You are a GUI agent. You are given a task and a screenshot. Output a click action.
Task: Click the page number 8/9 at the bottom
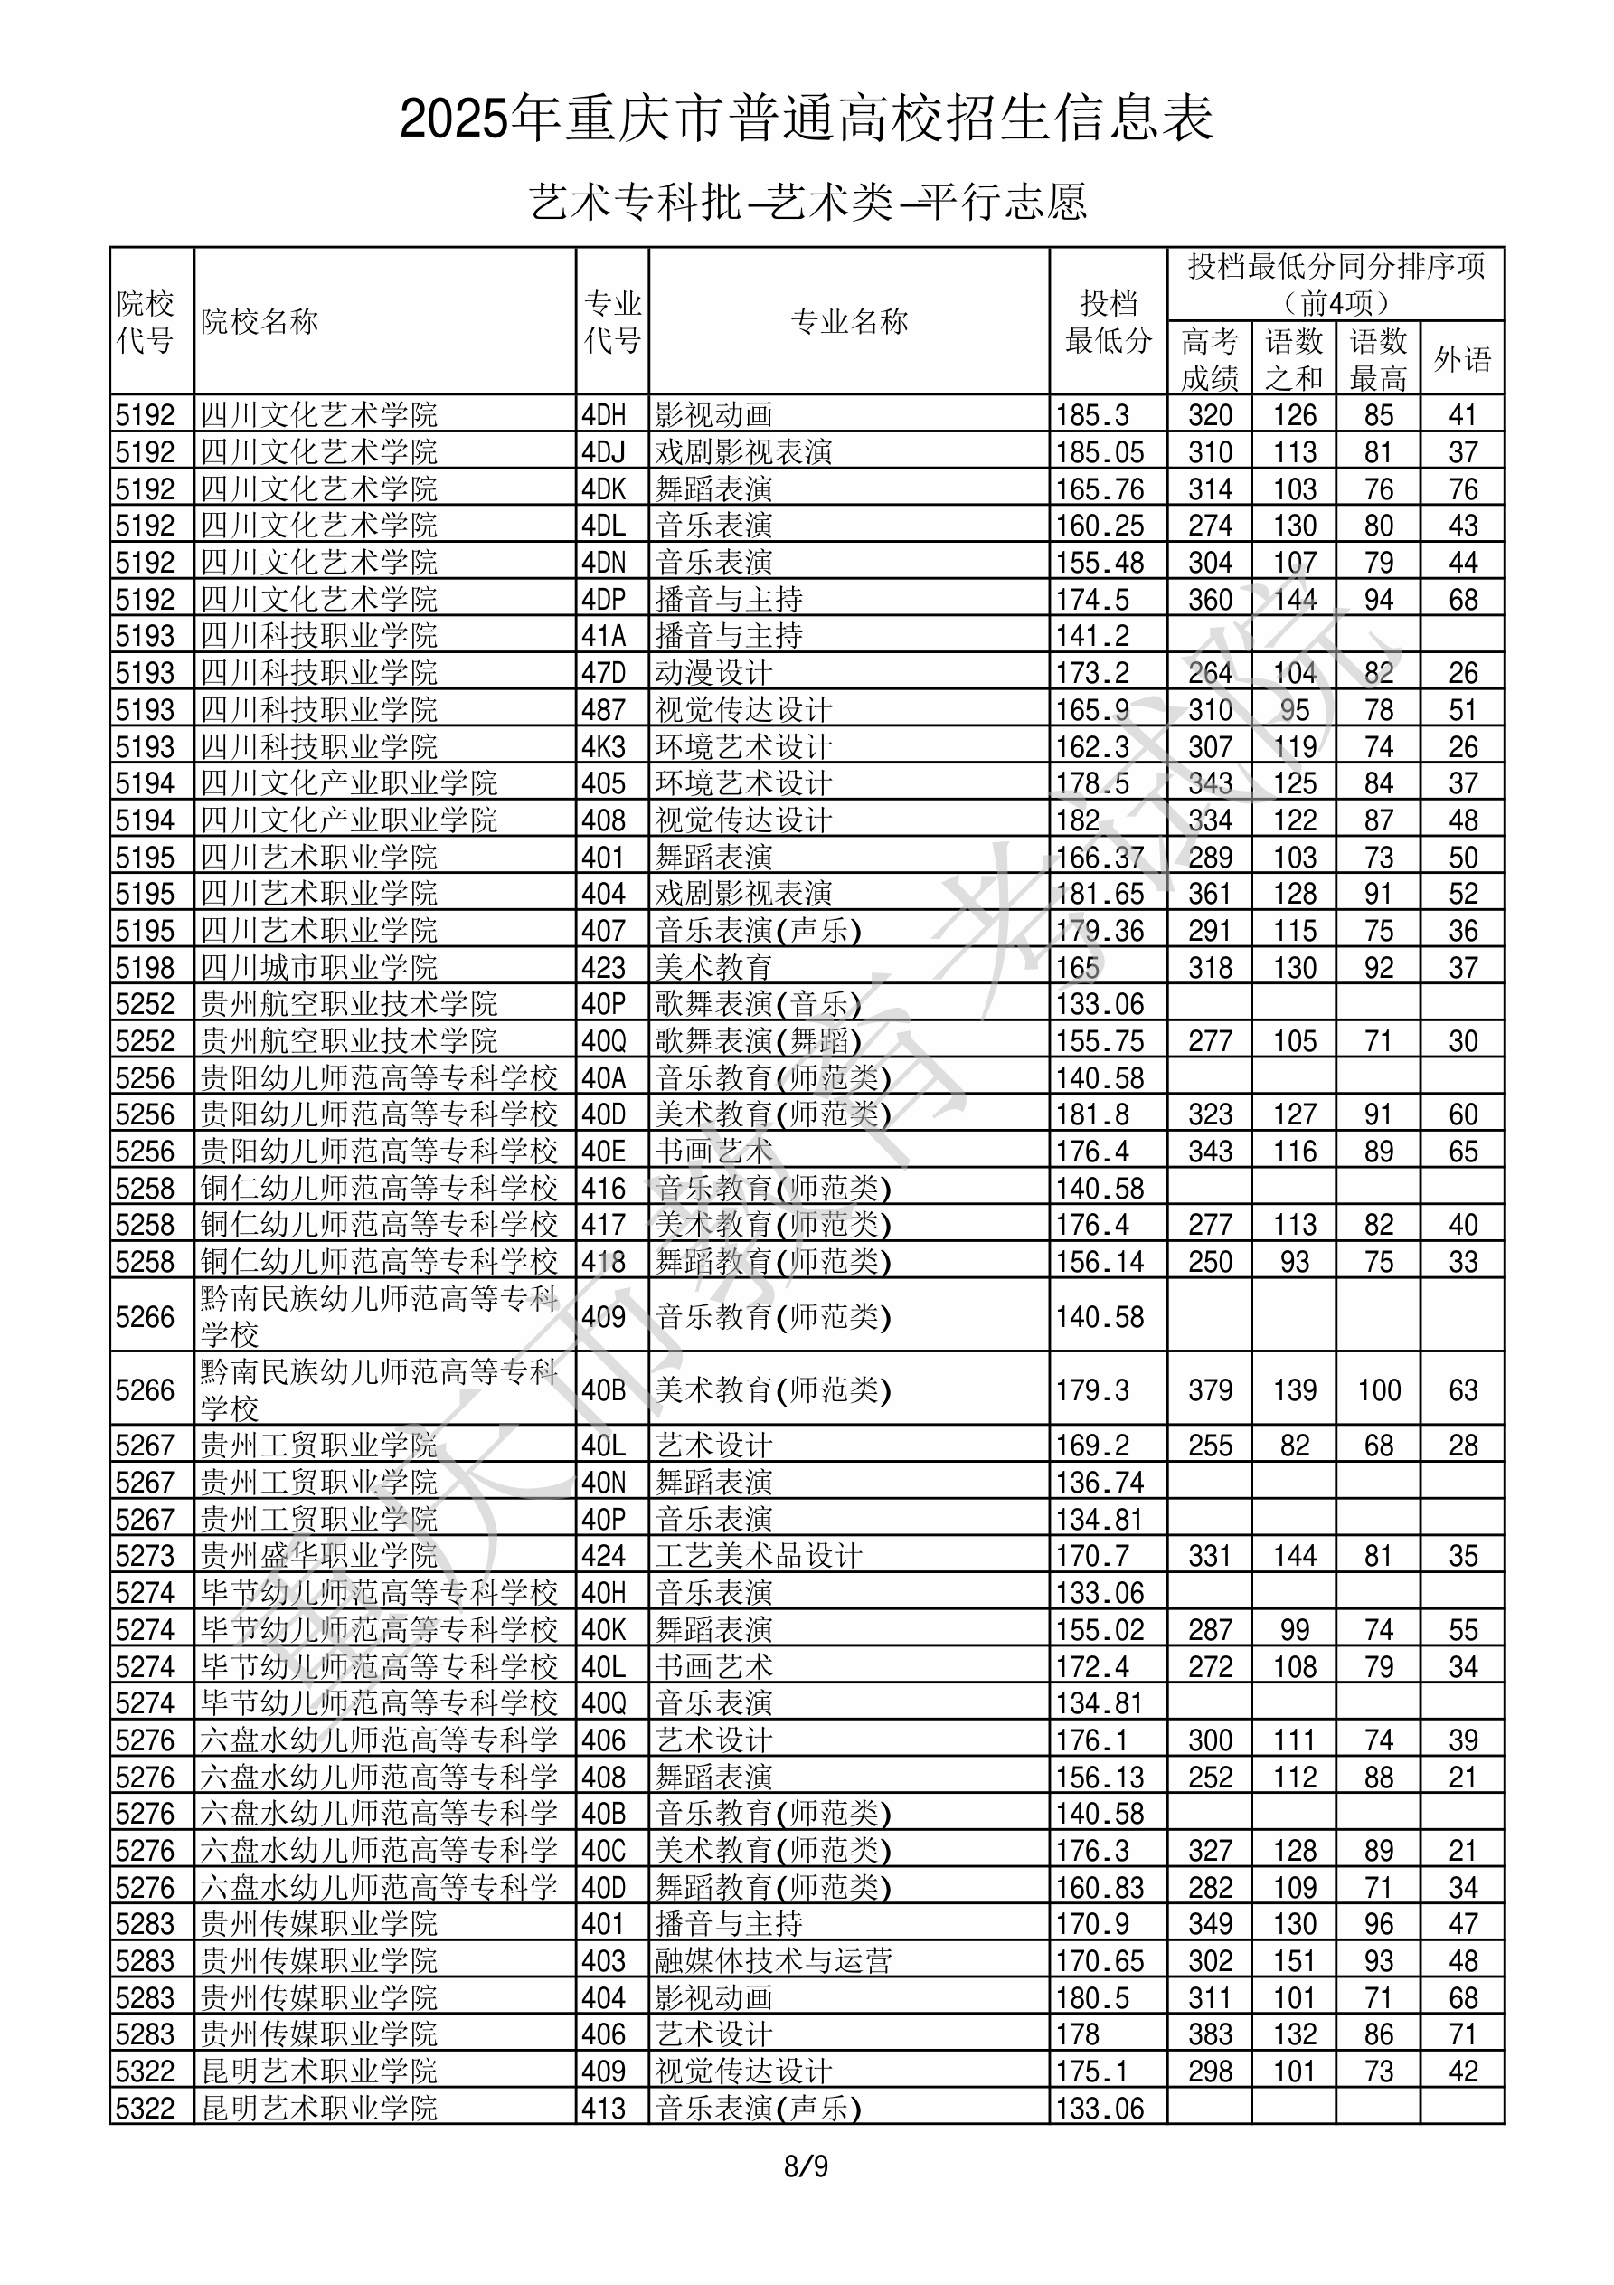coord(806,2166)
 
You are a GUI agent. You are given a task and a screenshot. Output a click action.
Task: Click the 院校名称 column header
coord(259,321)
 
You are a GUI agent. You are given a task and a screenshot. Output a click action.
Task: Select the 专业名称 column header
coord(849,321)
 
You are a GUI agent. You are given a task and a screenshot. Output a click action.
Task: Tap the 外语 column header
coord(1462,359)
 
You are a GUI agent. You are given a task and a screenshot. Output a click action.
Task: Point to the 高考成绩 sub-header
coord(1209,359)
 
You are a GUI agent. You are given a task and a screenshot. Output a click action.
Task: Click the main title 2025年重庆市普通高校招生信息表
coord(806,119)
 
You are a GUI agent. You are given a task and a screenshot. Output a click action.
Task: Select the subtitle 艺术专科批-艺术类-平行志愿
coord(806,202)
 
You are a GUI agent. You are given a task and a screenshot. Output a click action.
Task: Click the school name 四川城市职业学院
coord(318,967)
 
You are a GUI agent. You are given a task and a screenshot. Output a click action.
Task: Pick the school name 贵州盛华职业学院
coord(318,1556)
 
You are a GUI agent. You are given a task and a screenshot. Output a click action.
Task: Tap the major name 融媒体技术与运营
coord(773,1960)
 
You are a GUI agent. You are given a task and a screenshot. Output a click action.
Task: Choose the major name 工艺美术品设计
coord(759,1556)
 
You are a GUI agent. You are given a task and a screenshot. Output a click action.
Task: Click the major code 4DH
coord(604,415)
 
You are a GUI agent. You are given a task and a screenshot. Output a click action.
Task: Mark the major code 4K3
coord(604,746)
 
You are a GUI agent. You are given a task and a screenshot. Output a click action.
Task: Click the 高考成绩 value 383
coord(1210,2034)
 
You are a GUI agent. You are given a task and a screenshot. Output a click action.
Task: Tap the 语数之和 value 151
coord(1295,1960)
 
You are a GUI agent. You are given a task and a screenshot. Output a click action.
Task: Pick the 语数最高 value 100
coord(1378,1389)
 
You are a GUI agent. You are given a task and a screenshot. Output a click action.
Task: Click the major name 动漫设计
coord(713,673)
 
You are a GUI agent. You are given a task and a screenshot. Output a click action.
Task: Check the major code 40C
coord(604,1850)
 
